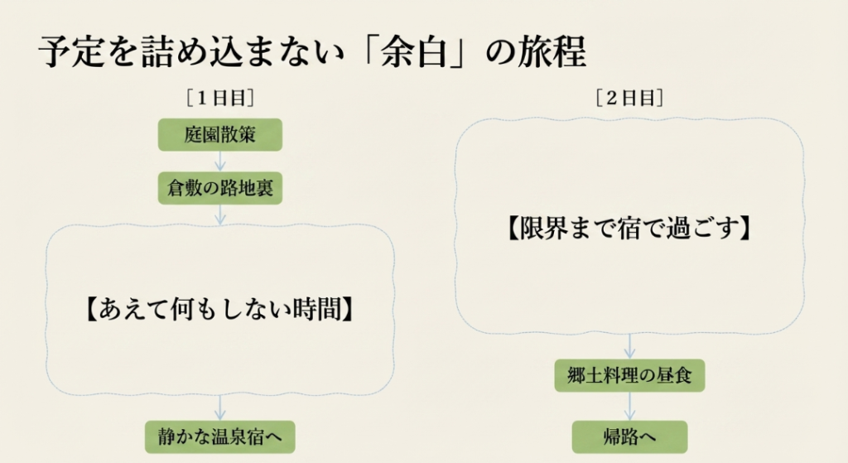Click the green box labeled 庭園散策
click(x=219, y=135)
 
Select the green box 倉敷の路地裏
click(x=220, y=190)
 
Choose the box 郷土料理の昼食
click(x=629, y=377)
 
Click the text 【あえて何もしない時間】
click(x=220, y=309)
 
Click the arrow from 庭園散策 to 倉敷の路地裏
click(x=220, y=162)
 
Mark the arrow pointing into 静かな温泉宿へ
click(x=220, y=408)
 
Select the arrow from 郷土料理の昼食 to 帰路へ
click(x=629, y=405)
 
